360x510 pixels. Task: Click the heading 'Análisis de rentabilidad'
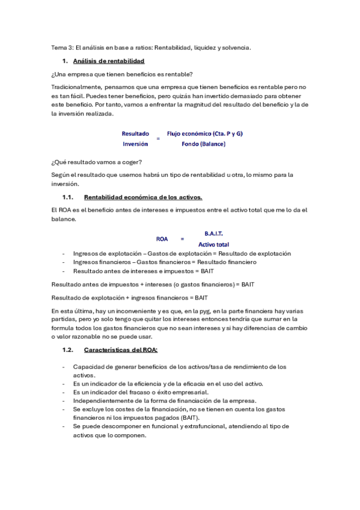point(108,61)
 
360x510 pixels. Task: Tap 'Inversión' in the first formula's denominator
point(135,144)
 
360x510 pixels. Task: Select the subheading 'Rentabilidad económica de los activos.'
point(143,197)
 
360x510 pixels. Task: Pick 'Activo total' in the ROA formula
point(214,244)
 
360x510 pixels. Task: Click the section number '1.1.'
point(67,197)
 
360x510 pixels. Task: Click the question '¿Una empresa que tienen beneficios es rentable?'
point(122,74)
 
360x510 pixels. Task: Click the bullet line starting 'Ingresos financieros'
point(164,262)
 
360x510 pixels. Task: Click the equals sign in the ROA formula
point(182,239)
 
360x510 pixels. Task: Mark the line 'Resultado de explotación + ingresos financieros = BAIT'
point(130,297)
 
